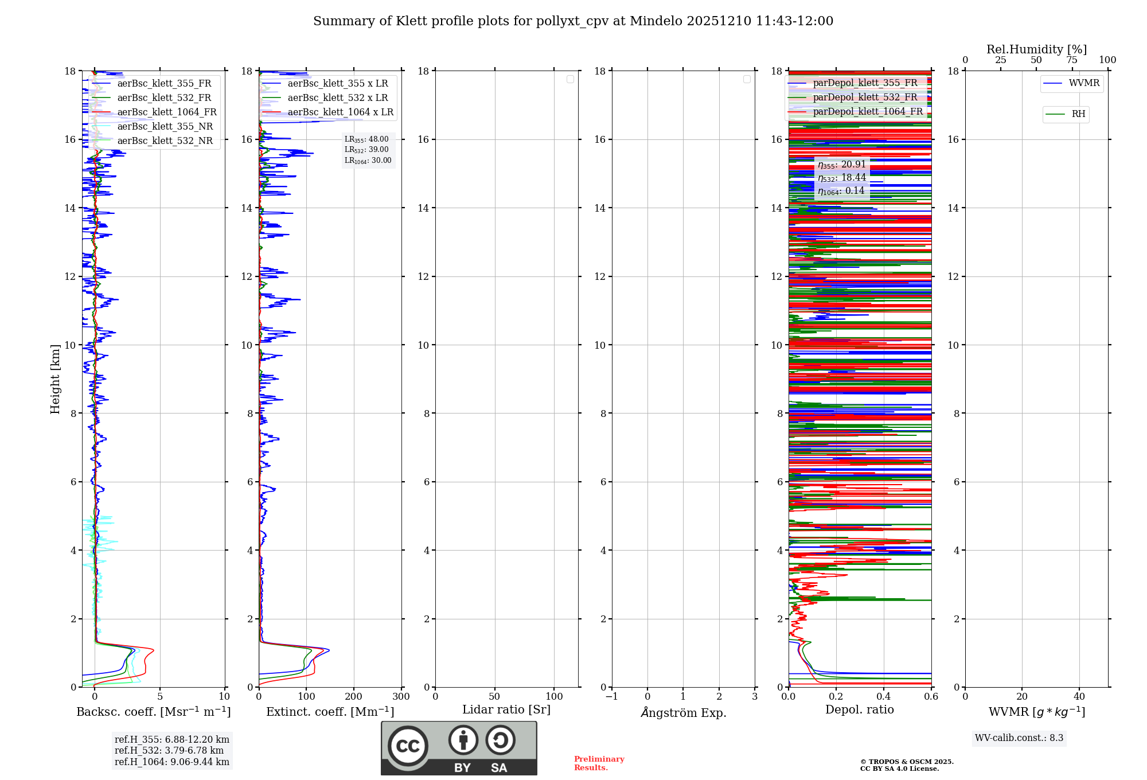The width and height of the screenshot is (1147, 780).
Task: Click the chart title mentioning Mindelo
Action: click(x=573, y=21)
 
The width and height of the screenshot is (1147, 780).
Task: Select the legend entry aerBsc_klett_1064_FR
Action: click(x=166, y=112)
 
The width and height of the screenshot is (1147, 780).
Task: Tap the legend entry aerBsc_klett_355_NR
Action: click(x=165, y=127)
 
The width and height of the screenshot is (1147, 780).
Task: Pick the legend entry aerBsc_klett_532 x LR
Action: click(x=337, y=98)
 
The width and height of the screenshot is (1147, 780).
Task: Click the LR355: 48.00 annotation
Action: click(x=366, y=139)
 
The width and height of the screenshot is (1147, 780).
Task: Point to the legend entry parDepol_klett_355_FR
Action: click(x=865, y=83)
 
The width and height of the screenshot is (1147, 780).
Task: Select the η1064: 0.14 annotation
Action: click(x=841, y=191)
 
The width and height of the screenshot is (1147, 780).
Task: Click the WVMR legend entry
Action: click(x=1084, y=83)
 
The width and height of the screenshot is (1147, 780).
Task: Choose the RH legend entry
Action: click(x=1078, y=114)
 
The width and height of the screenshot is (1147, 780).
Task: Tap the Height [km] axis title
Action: click(x=55, y=379)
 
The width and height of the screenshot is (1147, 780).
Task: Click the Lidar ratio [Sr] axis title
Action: click(x=506, y=710)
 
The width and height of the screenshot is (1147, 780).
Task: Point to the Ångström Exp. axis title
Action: click(x=683, y=713)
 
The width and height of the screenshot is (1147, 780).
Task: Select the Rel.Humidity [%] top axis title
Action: click(x=1036, y=49)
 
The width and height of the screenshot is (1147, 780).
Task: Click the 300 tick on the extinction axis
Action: click(x=401, y=697)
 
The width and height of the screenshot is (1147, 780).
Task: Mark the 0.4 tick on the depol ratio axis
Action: click(x=884, y=697)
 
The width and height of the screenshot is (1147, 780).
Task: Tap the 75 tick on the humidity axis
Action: click(x=1072, y=60)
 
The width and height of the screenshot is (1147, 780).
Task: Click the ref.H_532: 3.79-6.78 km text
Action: click(x=169, y=751)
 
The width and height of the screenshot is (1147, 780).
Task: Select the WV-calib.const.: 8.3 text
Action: click(x=1019, y=738)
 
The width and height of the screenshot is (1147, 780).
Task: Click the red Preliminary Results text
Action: click(x=599, y=763)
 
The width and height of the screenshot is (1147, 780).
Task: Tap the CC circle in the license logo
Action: click(x=408, y=746)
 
